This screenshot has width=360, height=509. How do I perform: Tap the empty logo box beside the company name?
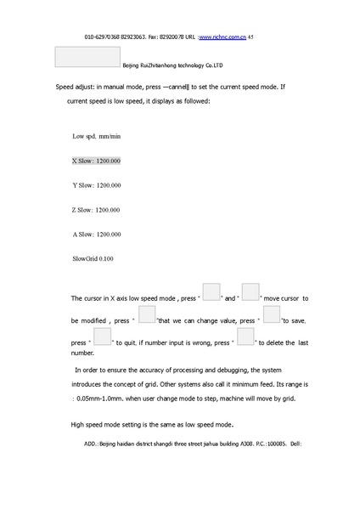(87, 56)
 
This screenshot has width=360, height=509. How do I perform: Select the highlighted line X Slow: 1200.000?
(97, 161)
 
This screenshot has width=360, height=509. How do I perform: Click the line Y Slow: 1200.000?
(97, 185)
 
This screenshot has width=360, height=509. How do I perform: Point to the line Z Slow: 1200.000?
(97, 210)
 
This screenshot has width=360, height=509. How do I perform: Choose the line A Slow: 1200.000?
(97, 235)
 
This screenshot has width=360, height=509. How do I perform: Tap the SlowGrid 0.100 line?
(93, 258)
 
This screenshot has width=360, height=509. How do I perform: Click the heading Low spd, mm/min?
(97, 136)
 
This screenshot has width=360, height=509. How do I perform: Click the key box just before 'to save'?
(272, 315)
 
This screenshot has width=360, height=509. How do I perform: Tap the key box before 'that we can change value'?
(147, 315)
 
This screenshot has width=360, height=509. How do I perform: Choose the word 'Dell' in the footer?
(296, 444)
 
